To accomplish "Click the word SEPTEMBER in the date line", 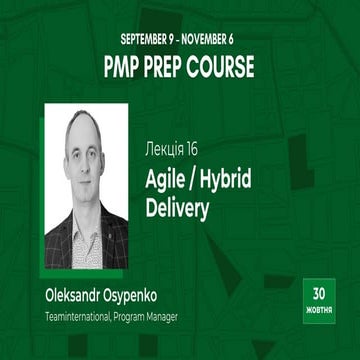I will point(145,41).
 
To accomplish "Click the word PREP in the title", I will point(171,68).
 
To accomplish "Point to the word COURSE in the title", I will point(226,68).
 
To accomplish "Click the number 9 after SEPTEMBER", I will point(178,41).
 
